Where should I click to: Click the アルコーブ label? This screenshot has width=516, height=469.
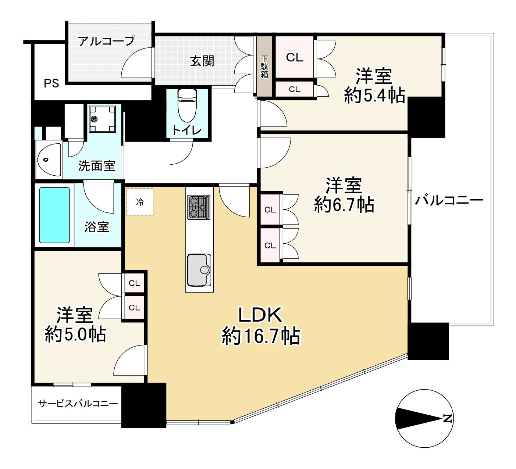(x=107, y=40)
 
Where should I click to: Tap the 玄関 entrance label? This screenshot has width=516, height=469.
(x=202, y=61)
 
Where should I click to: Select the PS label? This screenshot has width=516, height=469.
(x=51, y=83)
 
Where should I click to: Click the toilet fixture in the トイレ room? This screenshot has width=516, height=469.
(x=188, y=105)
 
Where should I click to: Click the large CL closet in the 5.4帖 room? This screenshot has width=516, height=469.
(x=295, y=57)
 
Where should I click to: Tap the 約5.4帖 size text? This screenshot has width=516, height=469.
(x=374, y=96)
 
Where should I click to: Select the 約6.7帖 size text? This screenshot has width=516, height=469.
(x=344, y=205)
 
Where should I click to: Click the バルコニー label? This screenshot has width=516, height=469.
(x=449, y=201)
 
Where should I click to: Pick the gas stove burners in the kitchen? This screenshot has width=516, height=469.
(x=199, y=207)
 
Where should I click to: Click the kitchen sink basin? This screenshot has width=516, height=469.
(x=199, y=270)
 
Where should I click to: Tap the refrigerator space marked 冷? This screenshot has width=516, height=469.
(x=140, y=202)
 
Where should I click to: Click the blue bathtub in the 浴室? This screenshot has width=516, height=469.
(x=54, y=215)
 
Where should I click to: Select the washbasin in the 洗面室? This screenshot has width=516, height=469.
(x=48, y=160)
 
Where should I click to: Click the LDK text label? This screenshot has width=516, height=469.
(x=260, y=315)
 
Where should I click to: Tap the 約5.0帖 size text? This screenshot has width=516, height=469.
(x=75, y=335)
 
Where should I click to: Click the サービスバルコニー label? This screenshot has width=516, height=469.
(x=78, y=404)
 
